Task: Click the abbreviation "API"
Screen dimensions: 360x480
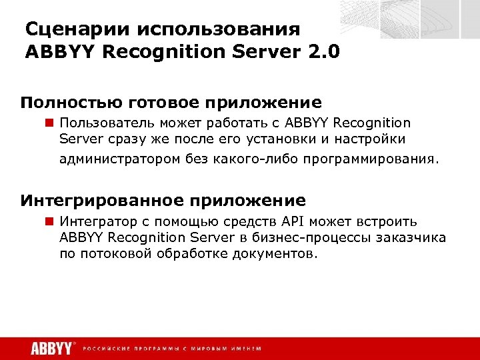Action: pyautogui.click(x=291, y=221)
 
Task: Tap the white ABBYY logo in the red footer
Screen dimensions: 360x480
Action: pyautogui.click(x=51, y=348)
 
